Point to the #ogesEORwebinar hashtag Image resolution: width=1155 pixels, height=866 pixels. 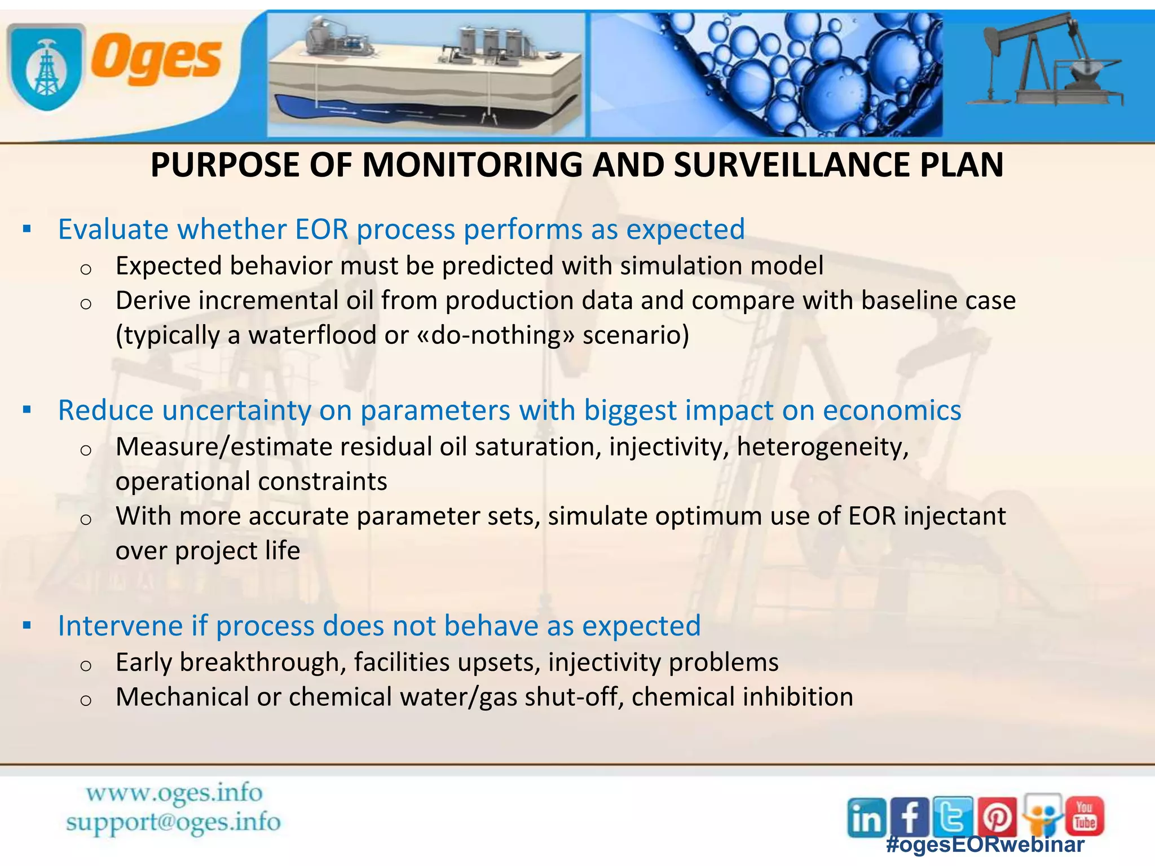click(x=985, y=844)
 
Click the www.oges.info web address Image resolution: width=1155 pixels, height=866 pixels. click(x=174, y=793)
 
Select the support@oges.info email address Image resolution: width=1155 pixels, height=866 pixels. click(x=173, y=822)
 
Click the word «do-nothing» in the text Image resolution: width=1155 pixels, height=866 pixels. click(x=495, y=335)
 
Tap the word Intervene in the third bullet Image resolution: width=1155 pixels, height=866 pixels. click(x=132, y=626)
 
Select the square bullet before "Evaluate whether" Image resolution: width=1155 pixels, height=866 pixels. click(x=27, y=229)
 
